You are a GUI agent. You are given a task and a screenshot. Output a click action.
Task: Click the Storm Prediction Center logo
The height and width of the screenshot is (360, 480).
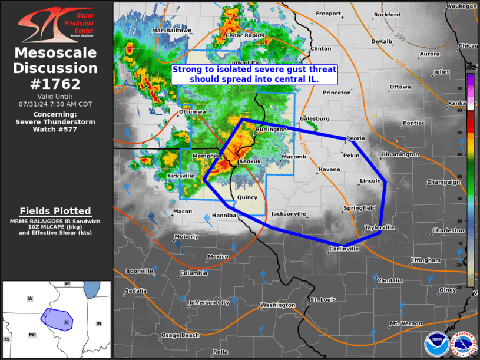click(x=55, y=25)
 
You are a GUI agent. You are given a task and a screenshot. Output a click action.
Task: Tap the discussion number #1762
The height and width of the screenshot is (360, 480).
click(x=55, y=84)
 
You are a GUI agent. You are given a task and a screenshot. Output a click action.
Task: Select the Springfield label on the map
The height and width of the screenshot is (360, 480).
click(x=359, y=208)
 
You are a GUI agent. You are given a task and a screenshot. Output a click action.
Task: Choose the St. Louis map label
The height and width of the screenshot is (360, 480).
click(x=323, y=300)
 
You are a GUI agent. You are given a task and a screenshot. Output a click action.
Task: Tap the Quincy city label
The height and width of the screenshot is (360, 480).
click(x=247, y=198)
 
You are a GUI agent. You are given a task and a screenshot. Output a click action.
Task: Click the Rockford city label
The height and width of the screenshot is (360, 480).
click(x=386, y=15)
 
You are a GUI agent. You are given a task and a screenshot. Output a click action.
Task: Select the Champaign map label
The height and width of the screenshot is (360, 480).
click(x=443, y=183)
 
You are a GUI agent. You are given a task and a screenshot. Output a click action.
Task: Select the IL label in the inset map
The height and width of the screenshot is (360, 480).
click(x=67, y=322)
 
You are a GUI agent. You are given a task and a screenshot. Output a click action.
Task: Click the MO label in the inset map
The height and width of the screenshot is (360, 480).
click(x=32, y=335)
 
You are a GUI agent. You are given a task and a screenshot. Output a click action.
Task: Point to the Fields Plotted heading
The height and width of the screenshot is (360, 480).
click(x=55, y=211)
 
